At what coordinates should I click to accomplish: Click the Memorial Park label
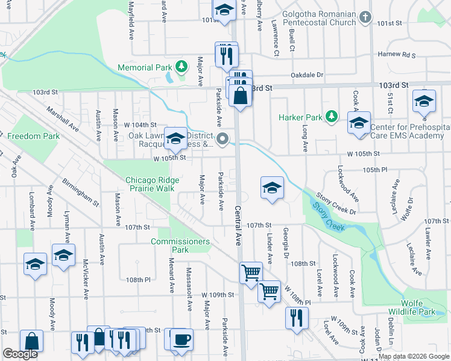point(145,68)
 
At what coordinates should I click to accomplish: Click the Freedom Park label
point(33,137)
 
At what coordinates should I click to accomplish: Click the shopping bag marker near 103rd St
point(240,96)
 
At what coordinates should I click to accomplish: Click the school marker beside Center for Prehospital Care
point(359,124)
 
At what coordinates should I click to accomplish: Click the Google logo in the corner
point(20,354)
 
